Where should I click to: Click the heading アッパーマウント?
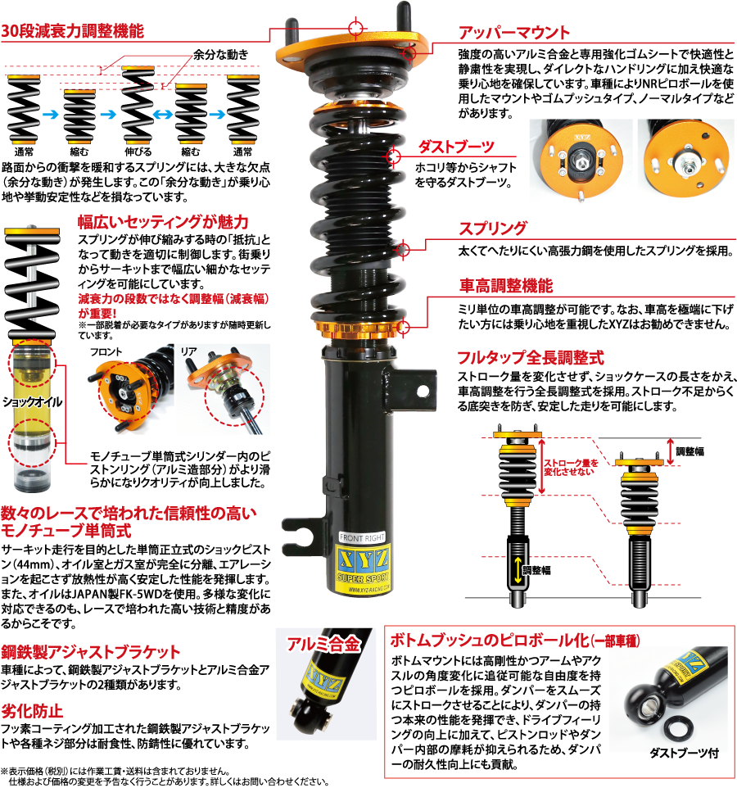(x=513, y=34)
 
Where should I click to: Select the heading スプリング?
(x=492, y=229)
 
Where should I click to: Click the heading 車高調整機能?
(x=505, y=286)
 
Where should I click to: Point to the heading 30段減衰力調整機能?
(x=73, y=31)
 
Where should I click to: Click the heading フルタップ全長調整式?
(x=531, y=358)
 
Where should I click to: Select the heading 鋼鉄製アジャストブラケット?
(x=91, y=652)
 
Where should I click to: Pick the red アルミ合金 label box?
(x=323, y=644)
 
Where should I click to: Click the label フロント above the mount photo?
(x=106, y=352)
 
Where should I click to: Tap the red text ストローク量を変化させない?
(x=571, y=467)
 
